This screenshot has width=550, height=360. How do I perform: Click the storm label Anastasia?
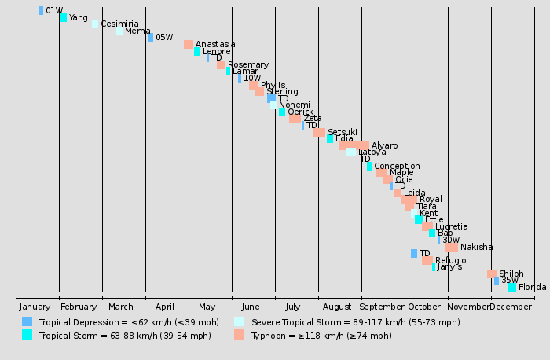point(214,45)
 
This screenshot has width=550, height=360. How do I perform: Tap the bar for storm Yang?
point(64,17)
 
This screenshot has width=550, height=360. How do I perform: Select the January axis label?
point(35,307)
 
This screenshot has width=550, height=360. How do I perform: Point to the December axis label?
point(511,307)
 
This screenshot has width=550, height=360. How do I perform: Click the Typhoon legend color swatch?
point(239,335)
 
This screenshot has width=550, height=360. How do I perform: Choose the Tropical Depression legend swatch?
point(27,321)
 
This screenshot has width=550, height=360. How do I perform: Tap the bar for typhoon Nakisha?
point(451,247)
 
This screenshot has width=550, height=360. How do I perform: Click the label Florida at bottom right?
point(532,288)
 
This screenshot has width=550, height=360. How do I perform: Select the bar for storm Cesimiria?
point(95,24)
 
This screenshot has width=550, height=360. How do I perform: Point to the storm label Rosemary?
point(247,65)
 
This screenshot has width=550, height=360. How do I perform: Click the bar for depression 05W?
point(151,38)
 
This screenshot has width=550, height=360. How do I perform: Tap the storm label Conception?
point(397,167)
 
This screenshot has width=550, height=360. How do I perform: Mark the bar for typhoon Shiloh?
point(491,274)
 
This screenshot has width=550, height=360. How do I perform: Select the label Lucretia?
point(451,227)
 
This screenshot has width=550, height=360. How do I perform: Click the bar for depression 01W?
point(41,11)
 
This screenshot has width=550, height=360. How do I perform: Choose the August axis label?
point(337,307)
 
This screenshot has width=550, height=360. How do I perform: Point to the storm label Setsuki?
point(342,133)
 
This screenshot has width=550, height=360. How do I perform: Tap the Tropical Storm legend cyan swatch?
point(27,335)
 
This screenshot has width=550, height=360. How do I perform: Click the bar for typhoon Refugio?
point(427,260)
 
